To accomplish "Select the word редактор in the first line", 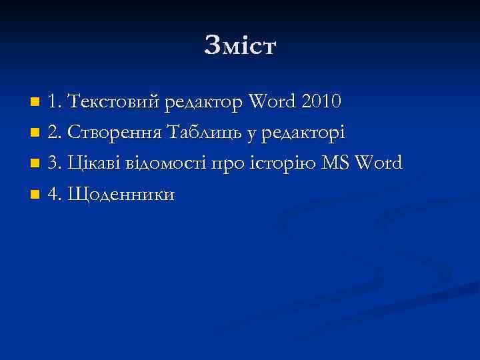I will (x=205, y=103).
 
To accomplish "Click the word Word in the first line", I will (x=273, y=102).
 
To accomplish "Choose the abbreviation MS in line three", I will (x=336, y=163).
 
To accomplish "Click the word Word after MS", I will (x=379, y=163).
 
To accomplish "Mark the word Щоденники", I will (x=121, y=195).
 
